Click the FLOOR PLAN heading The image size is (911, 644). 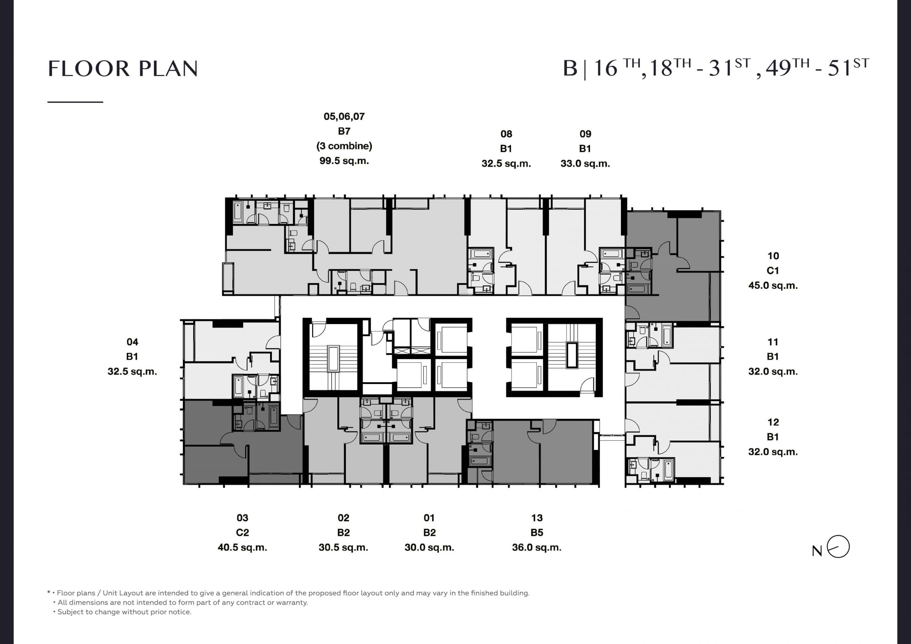click(x=123, y=69)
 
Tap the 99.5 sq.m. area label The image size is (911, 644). click(x=344, y=161)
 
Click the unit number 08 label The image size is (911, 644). click(x=506, y=134)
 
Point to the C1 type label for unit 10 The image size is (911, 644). click(x=773, y=271)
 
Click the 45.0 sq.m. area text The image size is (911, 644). click(x=773, y=286)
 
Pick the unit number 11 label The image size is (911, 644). click(x=773, y=342)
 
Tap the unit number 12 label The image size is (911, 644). click(x=773, y=422)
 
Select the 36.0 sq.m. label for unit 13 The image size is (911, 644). click(x=537, y=548)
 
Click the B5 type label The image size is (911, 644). click(x=537, y=533)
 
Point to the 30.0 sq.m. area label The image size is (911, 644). click(x=429, y=548)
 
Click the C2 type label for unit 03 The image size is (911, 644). click(x=242, y=533)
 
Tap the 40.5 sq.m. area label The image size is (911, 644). click(x=242, y=548)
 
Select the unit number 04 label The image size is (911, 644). click(x=132, y=342)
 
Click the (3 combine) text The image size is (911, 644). click(x=344, y=146)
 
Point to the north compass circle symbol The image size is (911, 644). click(x=838, y=547)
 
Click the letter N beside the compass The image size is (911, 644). click(x=817, y=551)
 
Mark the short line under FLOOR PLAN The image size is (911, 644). click(x=75, y=102)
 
